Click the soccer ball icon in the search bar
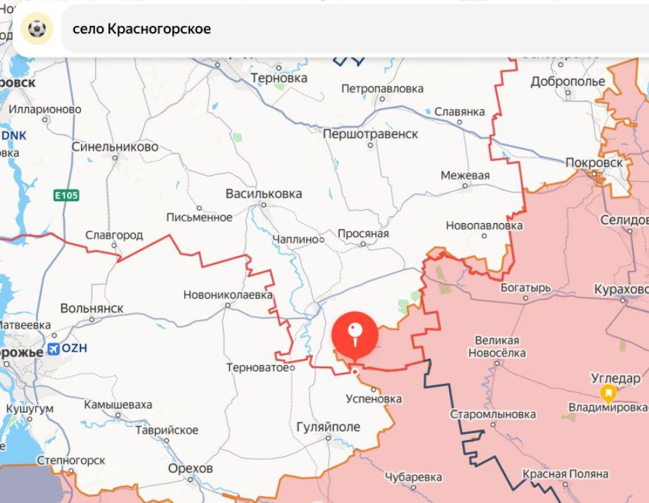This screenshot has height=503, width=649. [36, 29]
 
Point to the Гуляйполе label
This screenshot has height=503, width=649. [328, 427]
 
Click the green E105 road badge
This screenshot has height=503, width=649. [64, 196]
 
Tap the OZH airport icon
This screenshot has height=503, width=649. [53, 349]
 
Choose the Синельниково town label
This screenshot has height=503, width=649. [115, 147]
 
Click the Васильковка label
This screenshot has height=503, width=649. [264, 194]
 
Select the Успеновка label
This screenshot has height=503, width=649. [374, 398]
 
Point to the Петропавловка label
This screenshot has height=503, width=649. [383, 89]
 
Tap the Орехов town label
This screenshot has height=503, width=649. [191, 468]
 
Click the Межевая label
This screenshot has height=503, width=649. [465, 176]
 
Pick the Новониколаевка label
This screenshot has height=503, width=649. [228, 295]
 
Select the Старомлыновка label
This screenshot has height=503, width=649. [493, 414]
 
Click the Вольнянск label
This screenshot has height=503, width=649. [92, 308]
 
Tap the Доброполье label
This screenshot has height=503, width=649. [568, 81]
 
